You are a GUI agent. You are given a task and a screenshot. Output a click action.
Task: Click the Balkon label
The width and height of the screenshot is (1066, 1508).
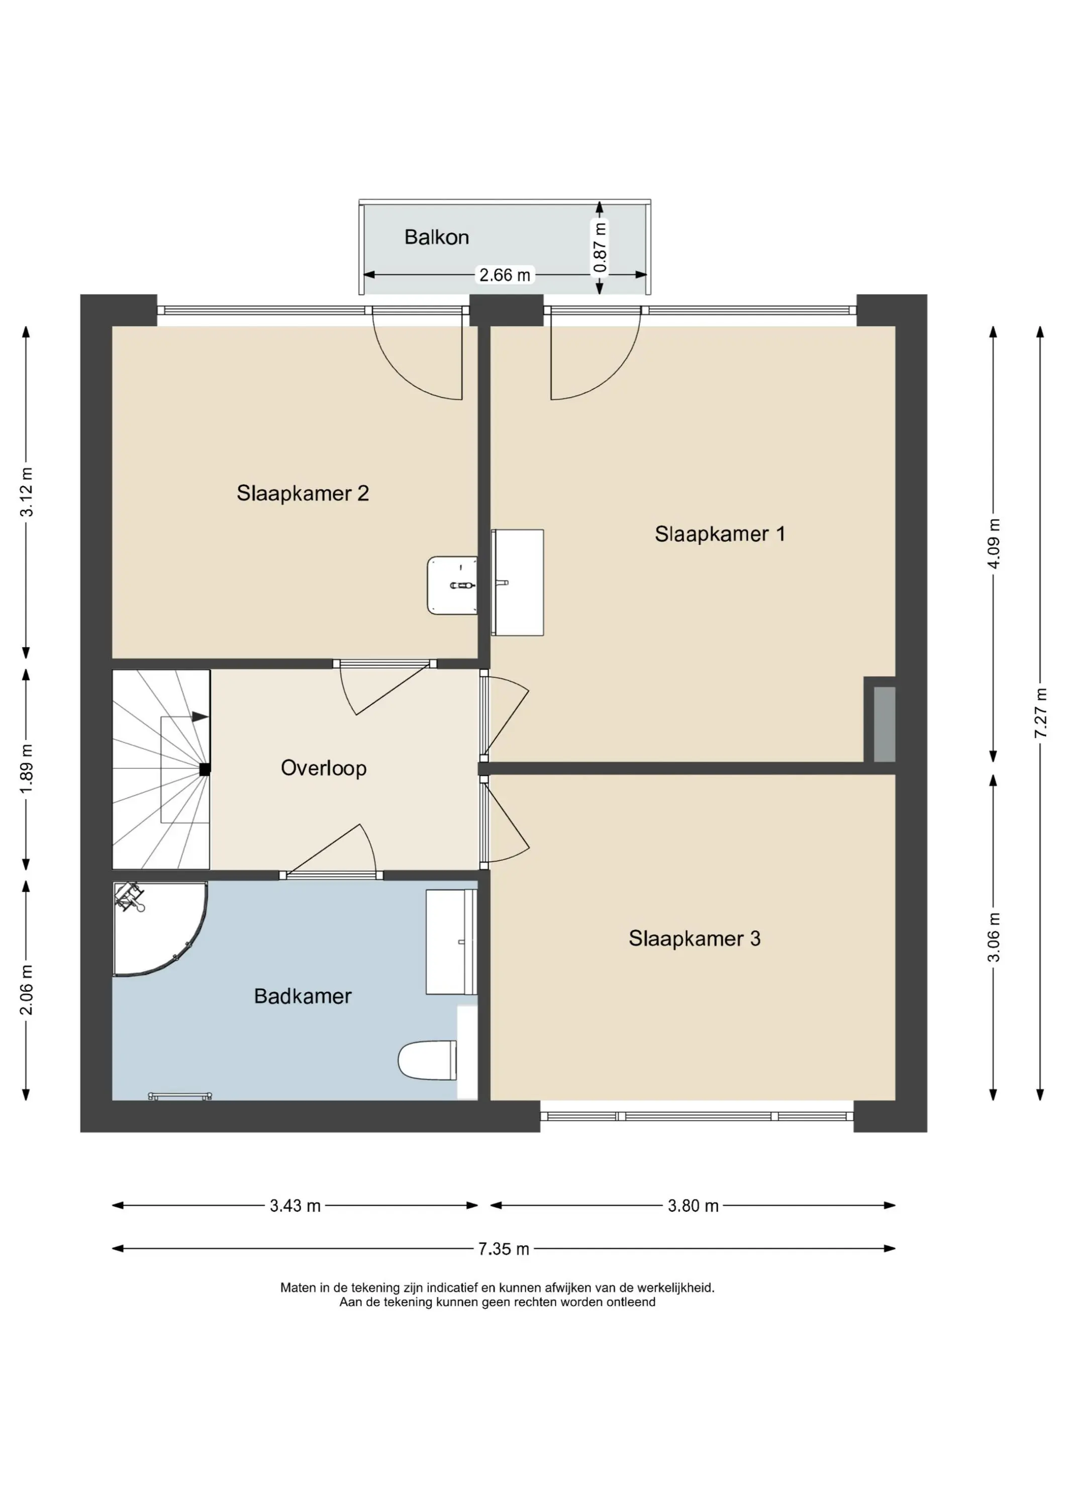[x=437, y=237]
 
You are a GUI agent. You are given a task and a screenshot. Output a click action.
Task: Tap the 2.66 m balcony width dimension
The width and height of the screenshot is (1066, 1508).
[x=505, y=274]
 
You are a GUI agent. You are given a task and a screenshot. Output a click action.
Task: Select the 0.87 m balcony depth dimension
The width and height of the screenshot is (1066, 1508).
[x=599, y=248]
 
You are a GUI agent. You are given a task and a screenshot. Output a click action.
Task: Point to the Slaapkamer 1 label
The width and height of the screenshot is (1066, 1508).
[x=720, y=534]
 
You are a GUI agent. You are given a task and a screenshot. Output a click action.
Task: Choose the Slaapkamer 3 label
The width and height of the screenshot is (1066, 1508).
[x=694, y=938]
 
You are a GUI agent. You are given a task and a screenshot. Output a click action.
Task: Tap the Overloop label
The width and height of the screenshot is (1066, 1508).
[x=324, y=768]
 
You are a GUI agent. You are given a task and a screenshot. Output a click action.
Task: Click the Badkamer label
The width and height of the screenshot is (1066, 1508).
[x=303, y=996]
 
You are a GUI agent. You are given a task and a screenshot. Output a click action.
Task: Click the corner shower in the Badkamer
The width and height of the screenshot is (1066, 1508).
[x=160, y=929]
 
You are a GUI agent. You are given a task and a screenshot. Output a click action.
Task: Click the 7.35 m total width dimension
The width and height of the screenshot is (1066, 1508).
[x=504, y=1249]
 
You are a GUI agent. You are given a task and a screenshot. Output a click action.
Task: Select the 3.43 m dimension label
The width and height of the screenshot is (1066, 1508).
[x=295, y=1206]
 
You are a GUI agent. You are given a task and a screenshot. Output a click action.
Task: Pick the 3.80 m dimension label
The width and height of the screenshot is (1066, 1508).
[x=693, y=1206]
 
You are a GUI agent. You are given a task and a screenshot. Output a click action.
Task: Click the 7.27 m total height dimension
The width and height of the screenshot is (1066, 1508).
[x=1040, y=713]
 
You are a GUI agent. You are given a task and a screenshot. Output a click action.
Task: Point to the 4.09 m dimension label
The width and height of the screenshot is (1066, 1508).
[x=994, y=544]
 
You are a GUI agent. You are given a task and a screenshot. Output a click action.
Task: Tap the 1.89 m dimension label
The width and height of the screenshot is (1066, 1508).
[x=26, y=769]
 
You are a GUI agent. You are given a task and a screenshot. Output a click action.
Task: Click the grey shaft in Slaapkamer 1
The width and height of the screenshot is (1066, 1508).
[x=885, y=724]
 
